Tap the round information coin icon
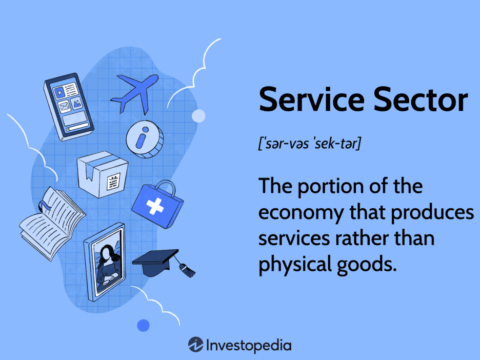pos(145,139)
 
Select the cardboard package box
pos(103,174)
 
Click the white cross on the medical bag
pos(155,206)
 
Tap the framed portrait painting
pos(105,262)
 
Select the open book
pos(52,224)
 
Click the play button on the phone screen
pos(59,92)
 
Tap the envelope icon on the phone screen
pos(64,107)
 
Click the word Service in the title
pos(312,99)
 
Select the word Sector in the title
pos(421,99)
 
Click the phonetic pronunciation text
pos(310,143)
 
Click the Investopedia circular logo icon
pos(196,345)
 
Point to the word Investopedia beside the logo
pos(249,346)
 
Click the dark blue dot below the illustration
pos(143,326)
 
